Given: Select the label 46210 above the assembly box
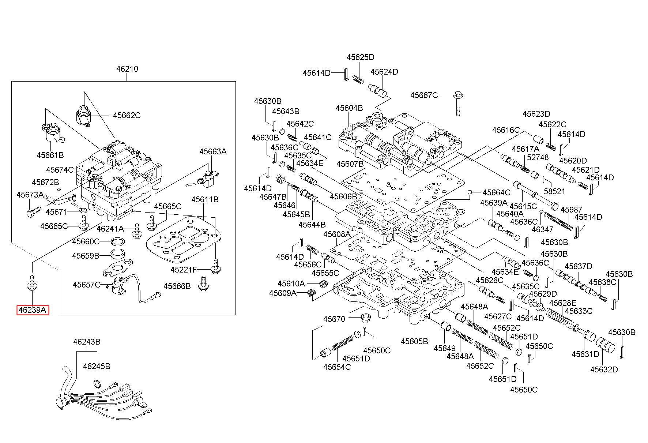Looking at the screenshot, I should point(127,69).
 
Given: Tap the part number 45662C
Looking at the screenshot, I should point(127,115).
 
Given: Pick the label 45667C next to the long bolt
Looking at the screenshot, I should point(424,95).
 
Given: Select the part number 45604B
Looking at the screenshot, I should point(349,108).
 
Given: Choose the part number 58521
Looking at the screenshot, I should point(554,191).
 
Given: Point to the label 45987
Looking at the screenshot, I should point(571,210).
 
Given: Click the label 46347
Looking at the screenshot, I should point(542,230).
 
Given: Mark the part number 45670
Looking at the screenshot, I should point(334,319).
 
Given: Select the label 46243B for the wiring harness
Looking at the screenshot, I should point(87,342).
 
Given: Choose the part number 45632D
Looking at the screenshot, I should point(604,369).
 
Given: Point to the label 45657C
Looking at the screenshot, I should point(86,285).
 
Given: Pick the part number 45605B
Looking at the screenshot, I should point(414,341).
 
